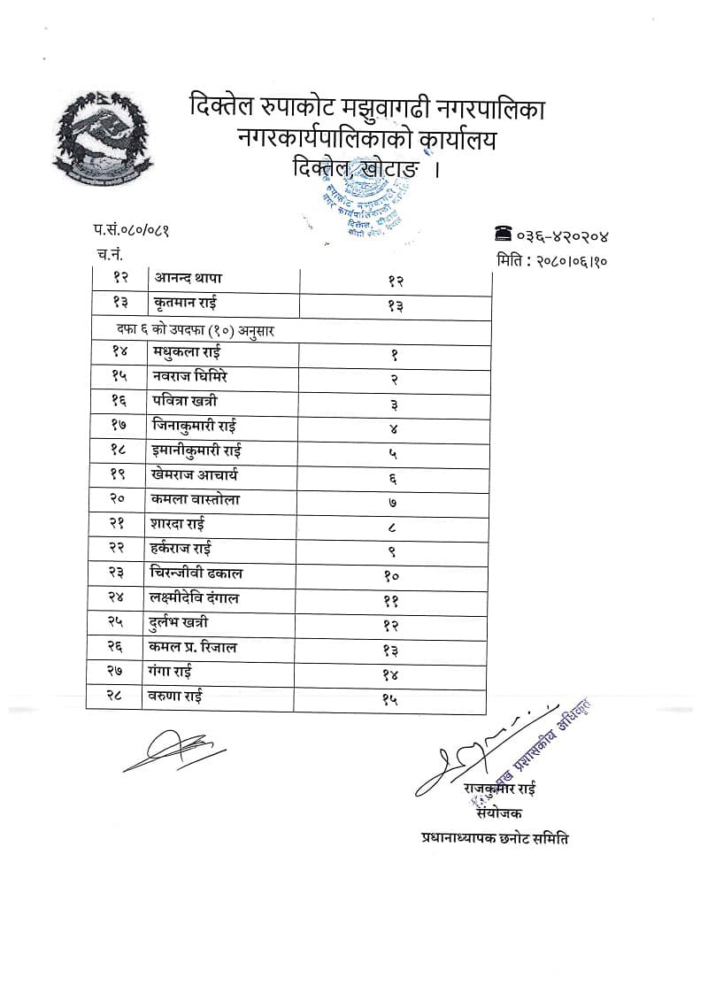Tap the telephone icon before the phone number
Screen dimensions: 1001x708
[x=504, y=235]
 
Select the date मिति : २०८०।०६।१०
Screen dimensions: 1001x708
[x=551, y=260]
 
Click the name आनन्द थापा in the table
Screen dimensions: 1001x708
[x=189, y=278]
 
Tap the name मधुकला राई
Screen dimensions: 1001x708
[x=187, y=352]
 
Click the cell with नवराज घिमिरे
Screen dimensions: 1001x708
[x=191, y=376]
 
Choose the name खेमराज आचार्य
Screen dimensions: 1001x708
[x=195, y=475]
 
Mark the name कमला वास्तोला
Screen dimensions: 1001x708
[x=196, y=500]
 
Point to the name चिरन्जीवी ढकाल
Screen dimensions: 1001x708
[x=197, y=574]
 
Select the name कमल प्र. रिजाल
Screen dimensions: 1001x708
[x=193, y=648]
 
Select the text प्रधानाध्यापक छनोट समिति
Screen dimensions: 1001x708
[x=495, y=837]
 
